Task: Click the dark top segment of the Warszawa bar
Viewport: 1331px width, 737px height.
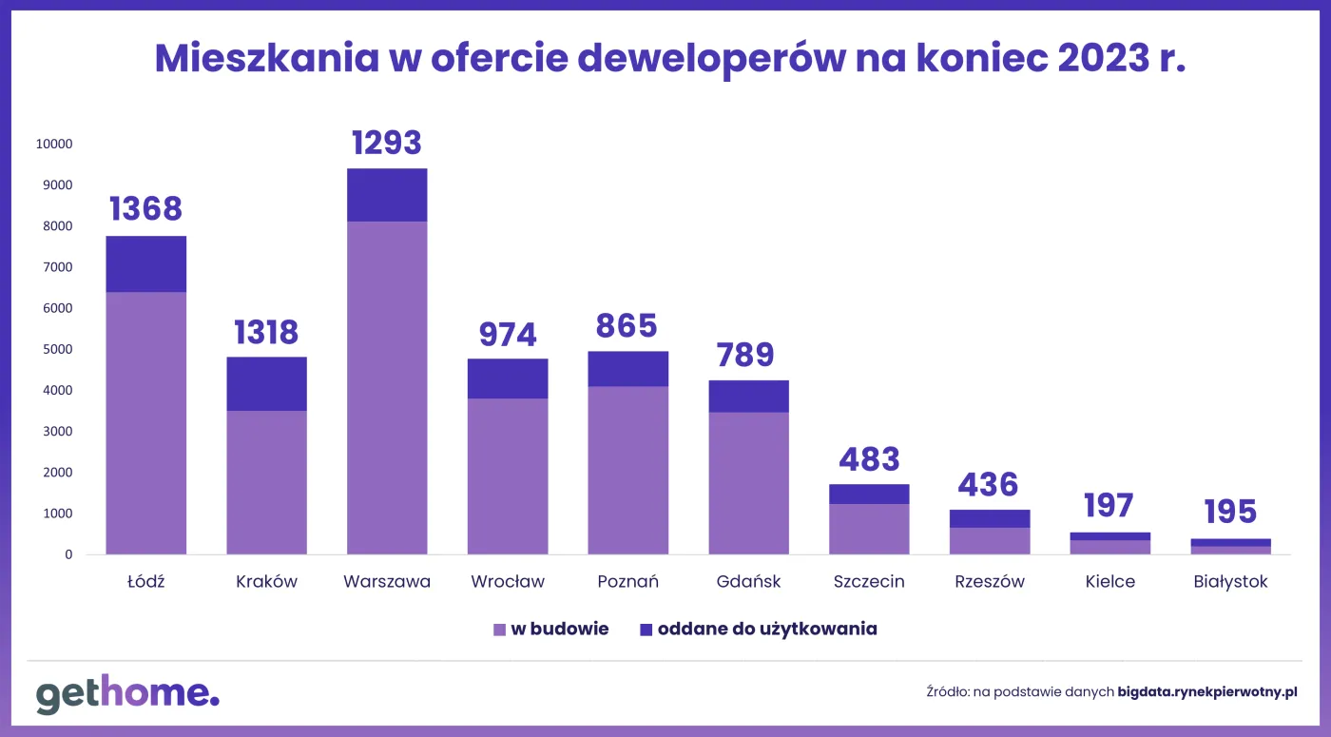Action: [387, 195]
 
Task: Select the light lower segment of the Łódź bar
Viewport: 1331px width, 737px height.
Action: [145, 422]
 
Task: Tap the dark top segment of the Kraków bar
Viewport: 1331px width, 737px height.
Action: [266, 383]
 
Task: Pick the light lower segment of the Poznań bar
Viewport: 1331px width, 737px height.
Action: [627, 470]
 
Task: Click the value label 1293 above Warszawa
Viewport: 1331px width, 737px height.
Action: [387, 143]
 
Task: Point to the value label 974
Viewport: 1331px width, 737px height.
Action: [508, 334]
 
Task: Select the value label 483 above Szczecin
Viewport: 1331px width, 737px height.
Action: [869, 459]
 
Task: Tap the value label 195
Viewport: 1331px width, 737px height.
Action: [1230, 512]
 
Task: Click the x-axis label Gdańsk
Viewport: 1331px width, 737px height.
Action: [748, 582]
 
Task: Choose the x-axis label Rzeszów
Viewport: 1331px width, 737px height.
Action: [990, 582]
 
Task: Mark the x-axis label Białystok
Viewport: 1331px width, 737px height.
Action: [1230, 582]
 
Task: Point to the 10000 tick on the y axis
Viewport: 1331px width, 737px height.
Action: [54, 145]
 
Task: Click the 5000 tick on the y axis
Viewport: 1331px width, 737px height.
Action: [57, 349]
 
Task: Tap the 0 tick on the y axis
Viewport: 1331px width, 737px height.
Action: [67, 554]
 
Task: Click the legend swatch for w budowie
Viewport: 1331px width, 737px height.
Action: [499, 630]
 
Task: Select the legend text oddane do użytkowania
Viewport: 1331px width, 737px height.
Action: [767, 630]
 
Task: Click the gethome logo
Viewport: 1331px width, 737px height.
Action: [127, 694]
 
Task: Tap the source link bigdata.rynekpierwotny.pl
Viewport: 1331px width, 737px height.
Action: [1207, 692]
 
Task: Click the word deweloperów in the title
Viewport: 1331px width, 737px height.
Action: [708, 59]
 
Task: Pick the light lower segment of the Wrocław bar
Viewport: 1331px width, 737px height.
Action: [508, 475]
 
